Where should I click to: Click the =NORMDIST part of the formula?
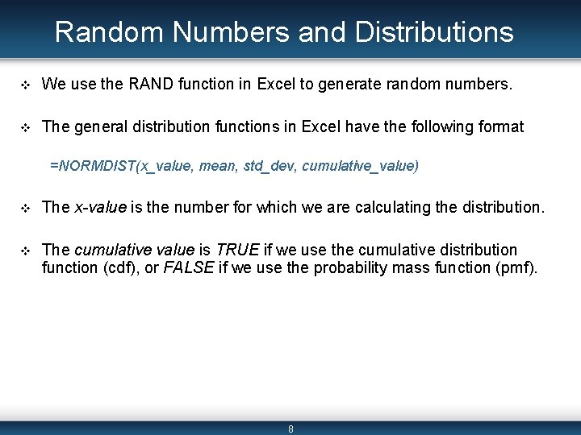[x=92, y=166]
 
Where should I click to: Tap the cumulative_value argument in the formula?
[x=359, y=166]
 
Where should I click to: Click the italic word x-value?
[x=100, y=207]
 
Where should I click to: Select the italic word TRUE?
[x=237, y=250]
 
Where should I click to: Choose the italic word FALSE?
[x=188, y=267]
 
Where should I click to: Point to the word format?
[x=502, y=126]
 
